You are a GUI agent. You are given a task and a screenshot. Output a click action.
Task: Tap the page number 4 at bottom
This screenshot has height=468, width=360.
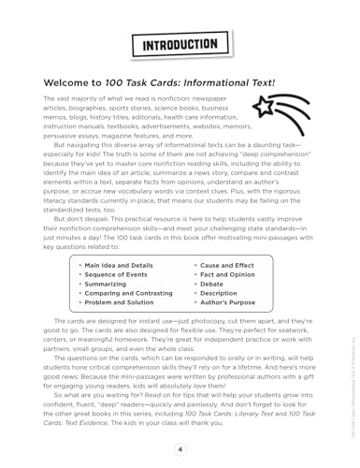pos(180,448)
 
